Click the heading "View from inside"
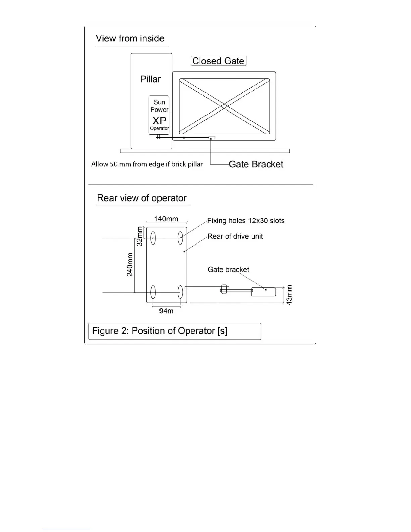click(x=130, y=38)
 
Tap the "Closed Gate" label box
click(x=219, y=61)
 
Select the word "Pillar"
click(x=150, y=79)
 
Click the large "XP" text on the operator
click(x=159, y=120)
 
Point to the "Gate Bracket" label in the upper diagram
click(x=256, y=164)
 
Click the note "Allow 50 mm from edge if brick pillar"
click(x=147, y=164)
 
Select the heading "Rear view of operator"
click(x=142, y=198)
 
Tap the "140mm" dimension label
click(x=166, y=219)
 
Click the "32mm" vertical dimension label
click(x=140, y=236)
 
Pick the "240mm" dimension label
click(x=130, y=265)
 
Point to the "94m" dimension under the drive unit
click(x=166, y=311)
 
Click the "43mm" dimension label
click(x=289, y=295)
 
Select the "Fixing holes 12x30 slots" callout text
click(x=246, y=221)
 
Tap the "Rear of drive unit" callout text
click(x=235, y=236)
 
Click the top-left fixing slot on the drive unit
click(x=153, y=238)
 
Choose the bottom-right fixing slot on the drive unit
click(x=180, y=292)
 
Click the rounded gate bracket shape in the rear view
click(x=264, y=292)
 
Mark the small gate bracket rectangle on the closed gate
click(x=212, y=138)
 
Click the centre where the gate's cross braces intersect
click(x=224, y=106)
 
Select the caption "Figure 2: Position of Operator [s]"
click(x=160, y=331)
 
